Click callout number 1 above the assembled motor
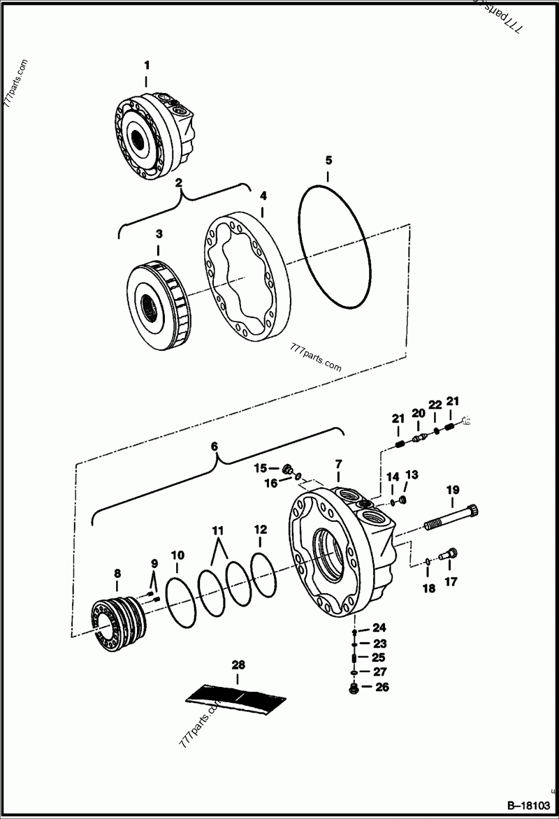147,65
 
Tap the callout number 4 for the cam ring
263,196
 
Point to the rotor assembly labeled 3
159,296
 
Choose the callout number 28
238,665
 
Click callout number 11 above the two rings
218,530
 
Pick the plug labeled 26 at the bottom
354,689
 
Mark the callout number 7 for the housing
338,463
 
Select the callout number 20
419,414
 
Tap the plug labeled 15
287,469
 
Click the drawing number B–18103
529,806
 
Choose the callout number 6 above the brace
215,447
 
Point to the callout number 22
435,405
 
